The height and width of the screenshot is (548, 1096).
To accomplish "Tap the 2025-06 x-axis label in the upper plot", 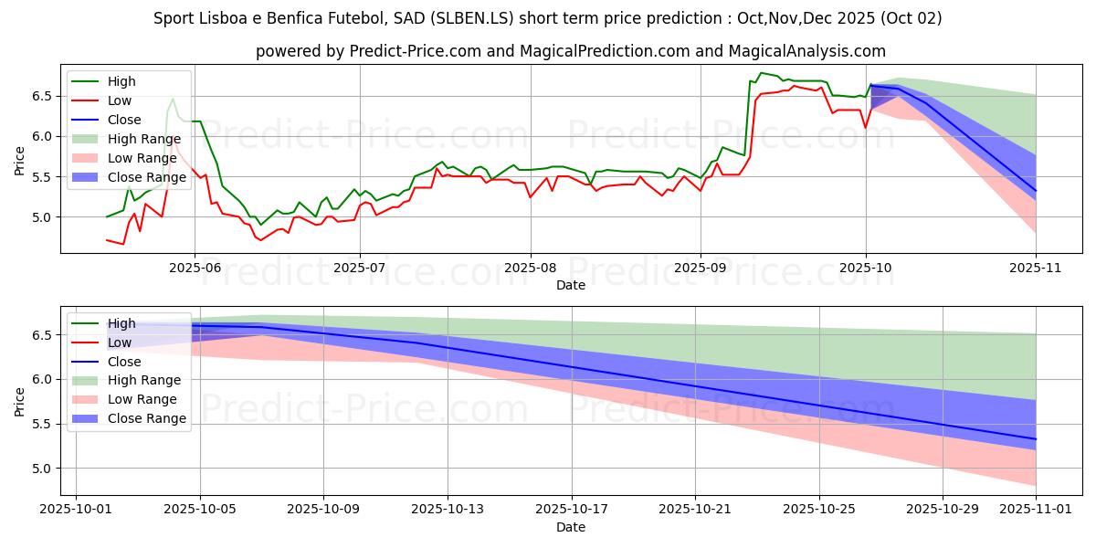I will tap(194, 268).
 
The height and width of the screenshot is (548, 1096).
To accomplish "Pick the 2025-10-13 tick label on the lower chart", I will tap(448, 510).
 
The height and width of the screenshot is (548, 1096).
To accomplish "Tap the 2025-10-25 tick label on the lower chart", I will tap(819, 510).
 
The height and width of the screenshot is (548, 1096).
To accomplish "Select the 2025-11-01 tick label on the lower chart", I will tap(1036, 510).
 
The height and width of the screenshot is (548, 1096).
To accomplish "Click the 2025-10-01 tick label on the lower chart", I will tap(76, 510).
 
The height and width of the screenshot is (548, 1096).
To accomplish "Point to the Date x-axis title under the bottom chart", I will tap(571, 527).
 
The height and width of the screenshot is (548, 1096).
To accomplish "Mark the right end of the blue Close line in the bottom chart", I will tap(1036, 439).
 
